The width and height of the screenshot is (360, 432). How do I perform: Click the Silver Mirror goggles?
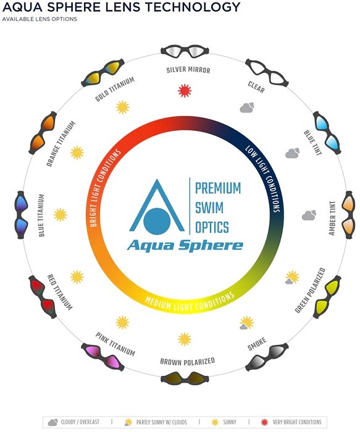(x=185, y=51)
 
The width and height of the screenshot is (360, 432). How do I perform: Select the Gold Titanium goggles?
(x=103, y=72)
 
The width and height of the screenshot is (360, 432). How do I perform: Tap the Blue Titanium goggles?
(x=21, y=215)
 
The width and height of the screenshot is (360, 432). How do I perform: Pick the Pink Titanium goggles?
(x=103, y=357)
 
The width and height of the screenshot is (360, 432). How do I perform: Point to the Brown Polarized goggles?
(x=185, y=378)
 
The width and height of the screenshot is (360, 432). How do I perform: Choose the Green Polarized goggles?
(x=327, y=297)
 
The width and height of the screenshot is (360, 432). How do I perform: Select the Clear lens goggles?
(x=267, y=72)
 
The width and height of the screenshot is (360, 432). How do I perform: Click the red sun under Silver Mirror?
(x=185, y=91)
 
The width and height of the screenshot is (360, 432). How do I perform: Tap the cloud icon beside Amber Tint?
(x=309, y=215)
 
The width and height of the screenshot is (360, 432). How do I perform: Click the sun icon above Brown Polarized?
(x=185, y=339)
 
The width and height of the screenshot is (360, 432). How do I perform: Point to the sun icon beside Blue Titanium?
(x=61, y=215)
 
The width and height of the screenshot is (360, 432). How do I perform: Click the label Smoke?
(x=257, y=344)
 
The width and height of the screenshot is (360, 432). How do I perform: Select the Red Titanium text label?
(x=60, y=292)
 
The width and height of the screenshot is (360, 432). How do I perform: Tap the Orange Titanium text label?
(x=61, y=144)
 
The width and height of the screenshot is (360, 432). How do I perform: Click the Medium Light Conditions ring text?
(x=190, y=302)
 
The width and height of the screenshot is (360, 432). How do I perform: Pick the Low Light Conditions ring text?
(x=263, y=178)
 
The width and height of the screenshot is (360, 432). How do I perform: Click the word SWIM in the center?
(x=209, y=208)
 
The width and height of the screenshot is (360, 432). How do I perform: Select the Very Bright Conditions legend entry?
(x=291, y=422)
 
